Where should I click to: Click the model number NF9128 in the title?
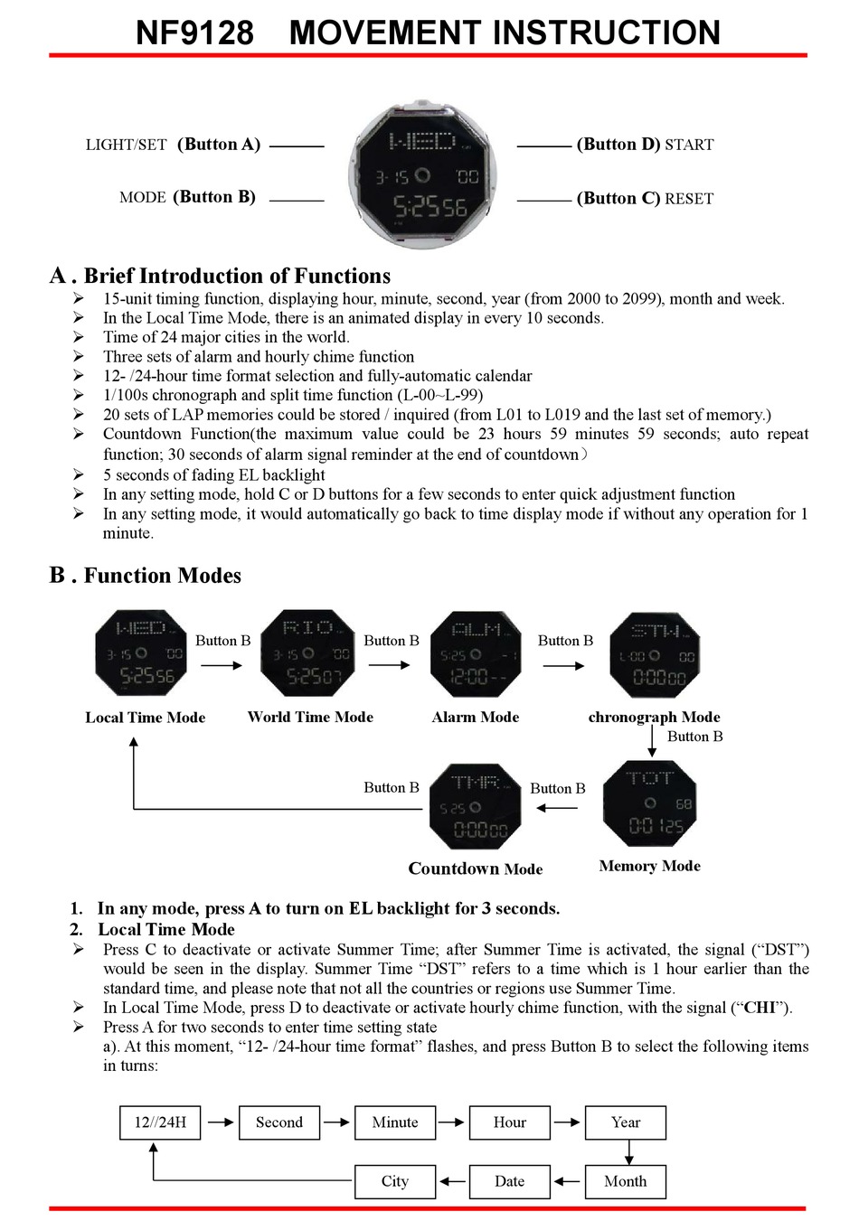pyautogui.click(x=194, y=33)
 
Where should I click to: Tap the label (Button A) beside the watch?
pyautogui.click(x=219, y=145)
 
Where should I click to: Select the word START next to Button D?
pyautogui.click(x=689, y=145)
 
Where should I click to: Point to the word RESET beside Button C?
pyautogui.click(x=689, y=199)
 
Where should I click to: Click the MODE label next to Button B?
pyautogui.click(x=142, y=197)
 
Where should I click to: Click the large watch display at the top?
pyautogui.click(x=421, y=175)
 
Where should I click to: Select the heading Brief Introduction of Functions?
pyautogui.click(x=237, y=277)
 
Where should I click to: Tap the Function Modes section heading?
pyautogui.click(x=162, y=576)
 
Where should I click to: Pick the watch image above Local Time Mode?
pyautogui.click(x=141, y=653)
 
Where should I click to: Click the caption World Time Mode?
pyautogui.click(x=310, y=717)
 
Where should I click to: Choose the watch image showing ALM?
pyautogui.click(x=476, y=653)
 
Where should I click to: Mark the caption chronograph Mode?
pyautogui.click(x=654, y=717)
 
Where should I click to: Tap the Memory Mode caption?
pyautogui.click(x=649, y=866)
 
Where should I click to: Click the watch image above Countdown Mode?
pyautogui.click(x=476, y=806)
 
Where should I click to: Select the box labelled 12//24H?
pyautogui.click(x=160, y=1122)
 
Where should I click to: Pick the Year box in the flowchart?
pyautogui.click(x=625, y=1122)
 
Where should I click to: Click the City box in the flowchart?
pyautogui.click(x=394, y=1181)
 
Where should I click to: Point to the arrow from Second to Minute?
pyautogui.click(x=336, y=1122)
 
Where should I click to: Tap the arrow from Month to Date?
pyautogui.click(x=567, y=1181)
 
